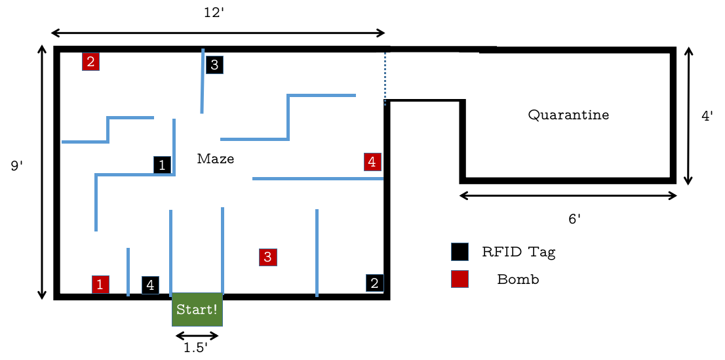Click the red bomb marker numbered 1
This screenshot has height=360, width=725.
point(100,284)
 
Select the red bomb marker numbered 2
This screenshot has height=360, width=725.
point(90,62)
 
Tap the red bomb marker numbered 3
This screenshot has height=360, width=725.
point(267,256)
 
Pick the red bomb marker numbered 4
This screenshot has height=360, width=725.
point(372,161)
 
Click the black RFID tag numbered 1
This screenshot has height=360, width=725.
point(162,165)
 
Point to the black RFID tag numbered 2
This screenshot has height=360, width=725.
point(374,283)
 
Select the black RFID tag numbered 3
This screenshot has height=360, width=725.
point(214,65)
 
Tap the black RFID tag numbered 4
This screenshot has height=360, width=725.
point(150,285)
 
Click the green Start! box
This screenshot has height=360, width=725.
point(197,310)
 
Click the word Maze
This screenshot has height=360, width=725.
point(216,159)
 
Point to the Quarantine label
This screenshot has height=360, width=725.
point(568,115)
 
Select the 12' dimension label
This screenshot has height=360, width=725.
point(214,12)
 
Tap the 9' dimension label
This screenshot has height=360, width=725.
point(17,166)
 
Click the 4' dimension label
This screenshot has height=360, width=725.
point(707,116)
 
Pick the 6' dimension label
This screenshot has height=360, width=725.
point(574,219)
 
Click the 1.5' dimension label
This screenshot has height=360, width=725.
point(195,348)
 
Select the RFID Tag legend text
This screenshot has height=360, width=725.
point(522,252)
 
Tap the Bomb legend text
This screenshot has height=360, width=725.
point(518,279)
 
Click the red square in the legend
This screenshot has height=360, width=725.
point(460,279)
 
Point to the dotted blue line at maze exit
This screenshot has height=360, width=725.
point(385,79)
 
